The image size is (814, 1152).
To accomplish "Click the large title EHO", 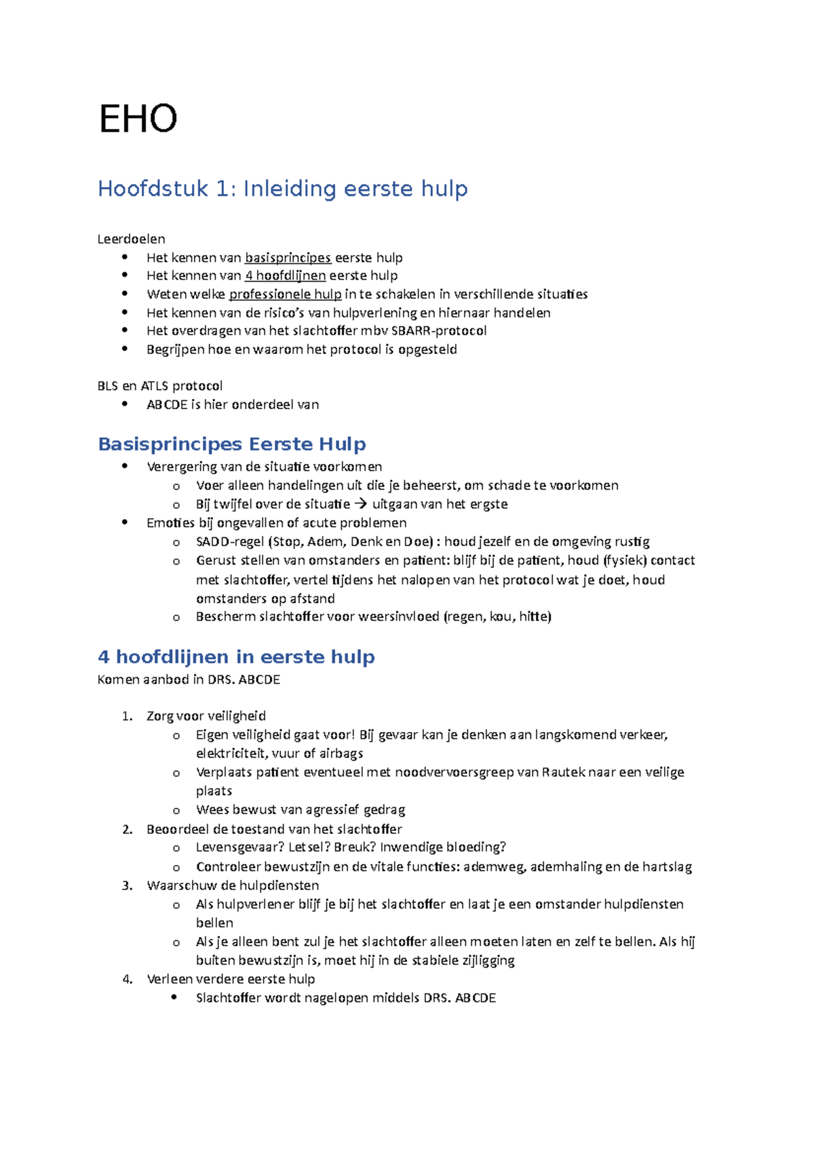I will [x=138, y=119].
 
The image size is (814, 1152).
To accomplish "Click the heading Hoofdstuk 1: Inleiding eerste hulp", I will [x=282, y=189].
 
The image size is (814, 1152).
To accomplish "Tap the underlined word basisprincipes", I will [x=288, y=258].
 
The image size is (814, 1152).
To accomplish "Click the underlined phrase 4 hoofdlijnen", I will [x=285, y=275].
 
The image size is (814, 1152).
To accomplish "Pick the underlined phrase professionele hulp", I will [x=285, y=294].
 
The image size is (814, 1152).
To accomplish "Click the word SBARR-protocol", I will [x=439, y=331].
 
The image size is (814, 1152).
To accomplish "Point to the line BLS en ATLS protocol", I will [x=160, y=386].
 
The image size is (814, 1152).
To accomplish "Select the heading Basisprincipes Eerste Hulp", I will [x=231, y=444].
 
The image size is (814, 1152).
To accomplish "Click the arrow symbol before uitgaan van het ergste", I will [x=360, y=504].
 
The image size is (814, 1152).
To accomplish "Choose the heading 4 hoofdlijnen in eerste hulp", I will [x=236, y=657].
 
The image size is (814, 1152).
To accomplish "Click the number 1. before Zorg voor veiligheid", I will [x=127, y=716].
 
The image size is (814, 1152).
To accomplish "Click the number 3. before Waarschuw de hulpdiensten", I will [x=127, y=885].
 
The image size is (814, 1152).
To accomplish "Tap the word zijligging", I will [x=488, y=961].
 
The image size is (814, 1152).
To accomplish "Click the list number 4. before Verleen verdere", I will [x=127, y=979].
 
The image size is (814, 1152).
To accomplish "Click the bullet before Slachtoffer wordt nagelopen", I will [x=174, y=997].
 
